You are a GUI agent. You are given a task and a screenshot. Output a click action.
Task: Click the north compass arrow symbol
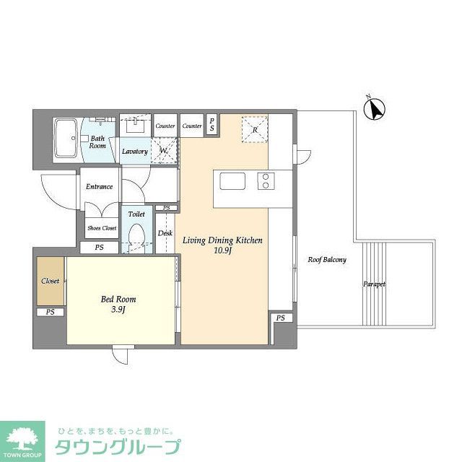373,109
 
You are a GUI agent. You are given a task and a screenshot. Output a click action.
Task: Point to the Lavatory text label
134,152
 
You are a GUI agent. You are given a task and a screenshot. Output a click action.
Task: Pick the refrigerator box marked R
254,129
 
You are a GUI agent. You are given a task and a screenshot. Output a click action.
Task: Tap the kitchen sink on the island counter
233,180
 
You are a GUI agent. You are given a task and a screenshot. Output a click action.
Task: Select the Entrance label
99,187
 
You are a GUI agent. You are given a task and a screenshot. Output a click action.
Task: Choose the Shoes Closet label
102,228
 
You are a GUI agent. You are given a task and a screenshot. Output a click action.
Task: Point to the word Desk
165,233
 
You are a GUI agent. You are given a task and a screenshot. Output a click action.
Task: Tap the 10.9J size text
222,250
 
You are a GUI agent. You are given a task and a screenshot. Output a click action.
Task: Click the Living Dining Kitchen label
222,240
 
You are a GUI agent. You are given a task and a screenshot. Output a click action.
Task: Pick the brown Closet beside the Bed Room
50,281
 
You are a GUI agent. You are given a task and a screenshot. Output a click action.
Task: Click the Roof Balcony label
327,260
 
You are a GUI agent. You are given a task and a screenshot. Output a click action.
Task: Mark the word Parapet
374,284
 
